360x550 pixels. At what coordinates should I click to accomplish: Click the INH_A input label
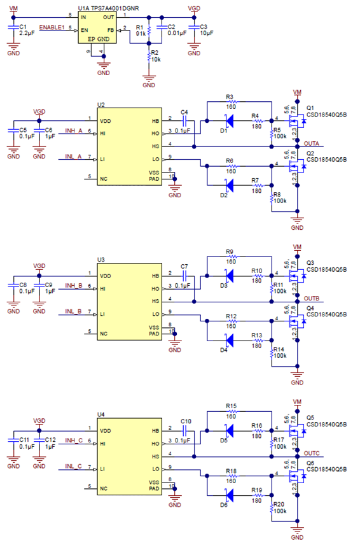pyautogui.click(x=74, y=131)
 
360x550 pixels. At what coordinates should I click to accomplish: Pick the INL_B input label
pyautogui.click(x=74, y=312)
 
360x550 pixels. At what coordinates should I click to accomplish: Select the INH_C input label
pyautogui.click(x=74, y=441)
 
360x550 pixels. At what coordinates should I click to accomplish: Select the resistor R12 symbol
pyautogui.click(x=232, y=321)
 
